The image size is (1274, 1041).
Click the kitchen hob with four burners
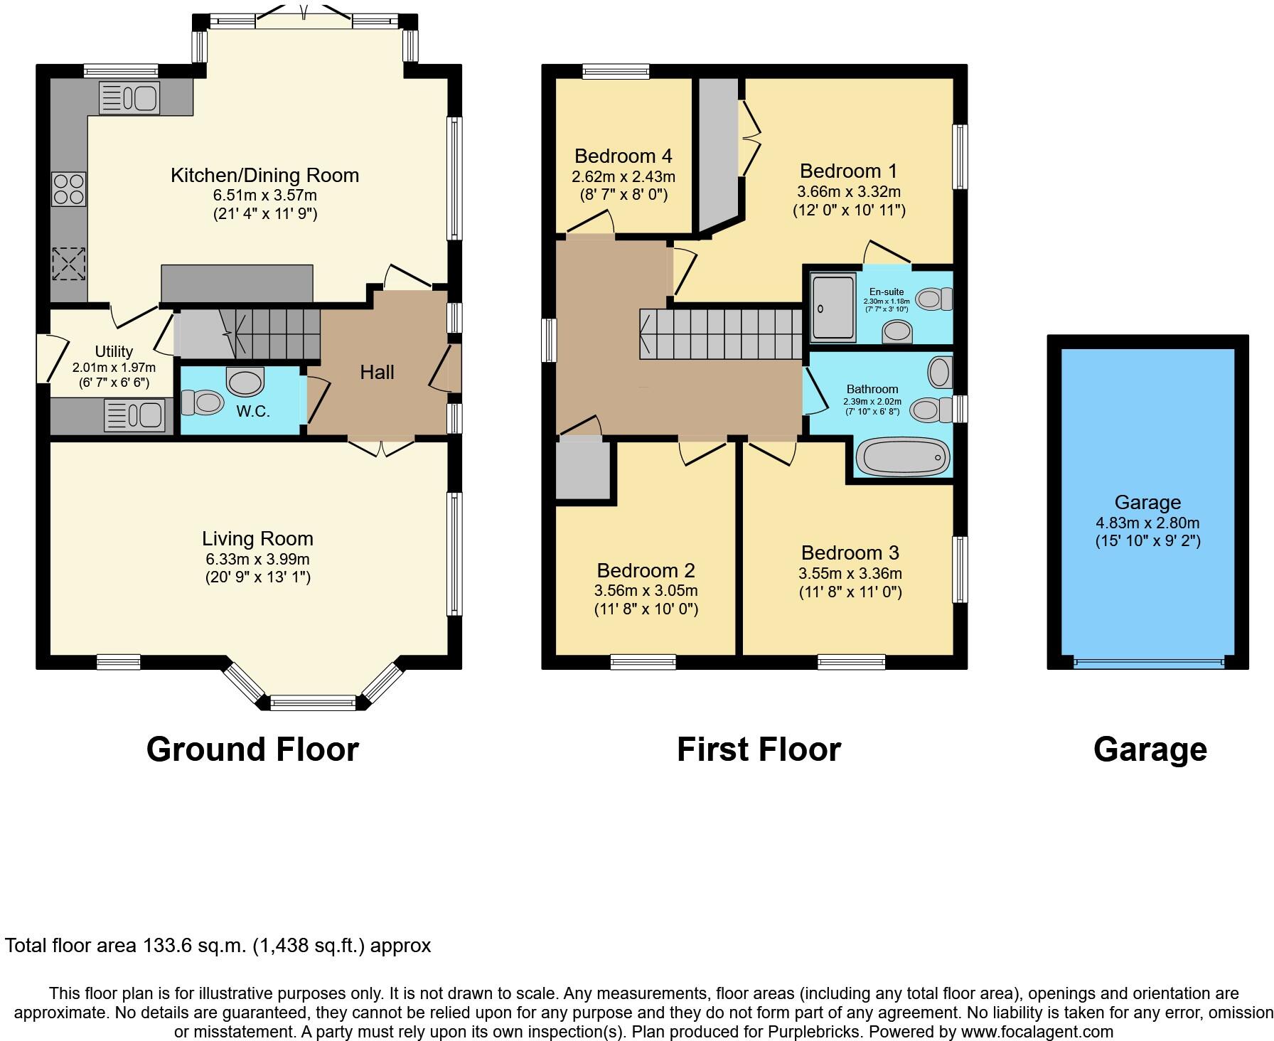click(x=69, y=189)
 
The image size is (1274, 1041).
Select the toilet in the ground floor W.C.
click(x=200, y=402)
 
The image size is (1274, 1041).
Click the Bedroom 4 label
click(x=623, y=156)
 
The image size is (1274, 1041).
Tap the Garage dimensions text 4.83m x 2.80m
click(x=1147, y=523)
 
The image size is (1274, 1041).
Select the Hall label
click(x=377, y=372)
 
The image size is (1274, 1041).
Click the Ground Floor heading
click(x=252, y=749)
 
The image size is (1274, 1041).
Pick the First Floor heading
click(x=759, y=749)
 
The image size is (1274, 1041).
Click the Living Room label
click(x=257, y=538)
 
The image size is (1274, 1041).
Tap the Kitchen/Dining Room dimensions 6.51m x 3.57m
click(x=265, y=195)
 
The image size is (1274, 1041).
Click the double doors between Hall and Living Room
click(x=381, y=446)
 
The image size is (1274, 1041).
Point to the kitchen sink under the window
click(x=129, y=97)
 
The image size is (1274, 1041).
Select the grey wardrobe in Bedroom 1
click(x=718, y=153)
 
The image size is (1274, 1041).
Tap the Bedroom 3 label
click(x=850, y=552)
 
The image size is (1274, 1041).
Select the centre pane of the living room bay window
click(x=313, y=704)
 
